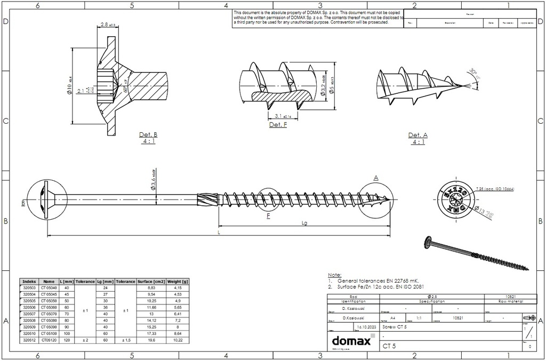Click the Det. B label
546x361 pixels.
(x=148, y=134)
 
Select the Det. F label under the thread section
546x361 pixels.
(x=278, y=124)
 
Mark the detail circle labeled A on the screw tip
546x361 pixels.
(x=376, y=200)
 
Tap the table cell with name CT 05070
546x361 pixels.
(x=49, y=314)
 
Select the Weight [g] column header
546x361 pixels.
(x=178, y=281)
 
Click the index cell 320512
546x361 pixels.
(x=29, y=340)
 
